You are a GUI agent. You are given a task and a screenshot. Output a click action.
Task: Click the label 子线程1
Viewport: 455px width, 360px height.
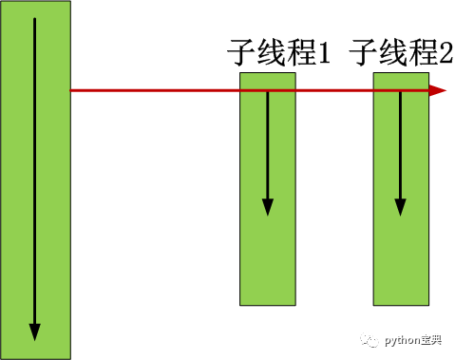click(278, 53)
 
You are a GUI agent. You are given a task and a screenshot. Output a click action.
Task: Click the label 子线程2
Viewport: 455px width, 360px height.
click(401, 53)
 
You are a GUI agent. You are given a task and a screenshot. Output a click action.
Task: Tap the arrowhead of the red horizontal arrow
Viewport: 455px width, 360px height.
click(438, 91)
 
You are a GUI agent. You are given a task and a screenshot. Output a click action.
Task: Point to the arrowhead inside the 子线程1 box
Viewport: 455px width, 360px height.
click(267, 206)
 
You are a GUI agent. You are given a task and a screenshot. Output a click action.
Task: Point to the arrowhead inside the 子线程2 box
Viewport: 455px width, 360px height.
click(400, 206)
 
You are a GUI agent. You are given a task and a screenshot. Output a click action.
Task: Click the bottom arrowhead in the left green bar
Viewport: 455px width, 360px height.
click(35, 332)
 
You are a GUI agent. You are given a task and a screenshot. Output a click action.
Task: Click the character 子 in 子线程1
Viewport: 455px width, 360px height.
click(242, 53)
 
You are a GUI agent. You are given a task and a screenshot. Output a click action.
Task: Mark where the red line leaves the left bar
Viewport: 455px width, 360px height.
click(71, 91)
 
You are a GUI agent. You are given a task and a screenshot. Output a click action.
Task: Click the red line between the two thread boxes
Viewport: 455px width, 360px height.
click(334, 91)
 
